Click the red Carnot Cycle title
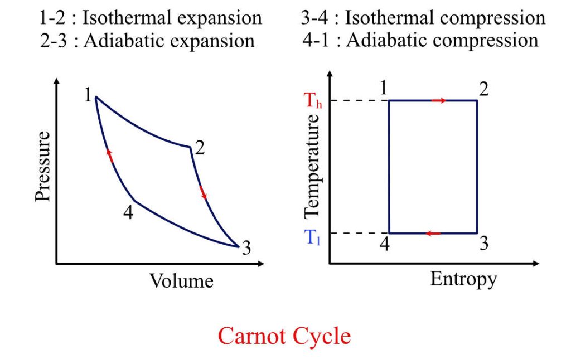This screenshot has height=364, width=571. click(284, 336)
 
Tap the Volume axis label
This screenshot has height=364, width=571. click(181, 280)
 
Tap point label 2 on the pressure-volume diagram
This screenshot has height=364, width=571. click(200, 148)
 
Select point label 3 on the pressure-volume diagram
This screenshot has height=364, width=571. click(246, 249)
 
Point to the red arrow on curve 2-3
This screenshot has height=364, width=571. click(203, 192)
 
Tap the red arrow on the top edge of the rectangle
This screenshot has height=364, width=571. click(439, 101)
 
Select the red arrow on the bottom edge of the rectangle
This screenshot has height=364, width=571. click(433, 233)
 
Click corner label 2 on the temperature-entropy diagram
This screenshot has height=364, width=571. click(483, 88)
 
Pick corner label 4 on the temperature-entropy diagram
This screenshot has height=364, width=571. click(384, 244)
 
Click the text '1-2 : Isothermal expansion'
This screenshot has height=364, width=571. click(151, 18)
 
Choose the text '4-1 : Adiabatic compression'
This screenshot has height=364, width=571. click(419, 40)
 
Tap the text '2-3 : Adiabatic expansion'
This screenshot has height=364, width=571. click(147, 41)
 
